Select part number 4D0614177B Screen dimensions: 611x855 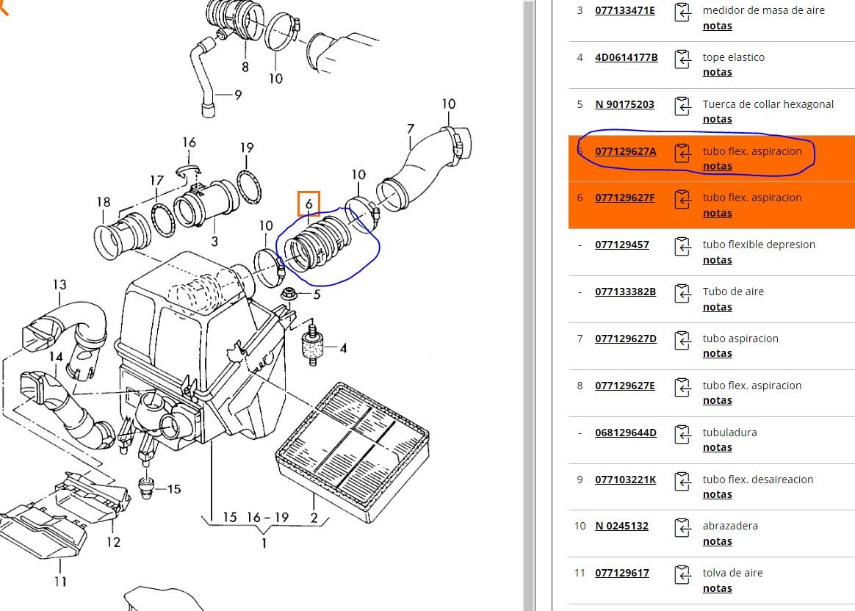(626, 57)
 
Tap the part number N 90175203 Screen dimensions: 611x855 (624, 104)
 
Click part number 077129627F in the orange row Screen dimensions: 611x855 (624, 198)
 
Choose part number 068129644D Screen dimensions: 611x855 (626, 433)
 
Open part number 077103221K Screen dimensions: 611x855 (626, 480)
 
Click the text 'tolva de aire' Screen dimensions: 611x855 (732, 573)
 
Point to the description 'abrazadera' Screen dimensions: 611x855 (730, 526)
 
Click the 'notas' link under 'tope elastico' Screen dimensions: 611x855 (717, 72)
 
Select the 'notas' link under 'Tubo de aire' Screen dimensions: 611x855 (717, 307)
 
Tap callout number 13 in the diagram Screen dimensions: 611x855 (59, 284)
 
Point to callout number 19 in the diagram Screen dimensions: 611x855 (247, 148)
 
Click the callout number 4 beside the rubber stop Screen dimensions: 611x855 (343, 348)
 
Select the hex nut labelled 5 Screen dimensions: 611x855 (289, 296)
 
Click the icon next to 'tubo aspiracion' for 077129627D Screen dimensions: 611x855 (683, 340)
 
